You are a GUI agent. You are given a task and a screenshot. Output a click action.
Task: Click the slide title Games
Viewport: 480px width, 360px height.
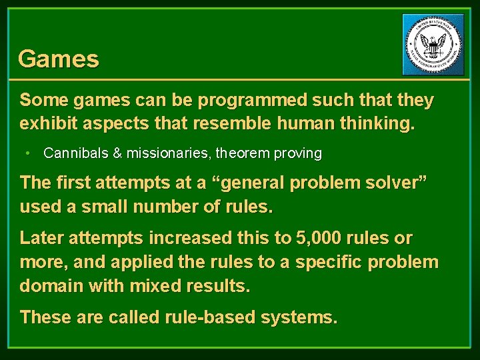point(59,59)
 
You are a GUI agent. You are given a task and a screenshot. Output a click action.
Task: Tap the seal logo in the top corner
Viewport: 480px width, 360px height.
point(433,45)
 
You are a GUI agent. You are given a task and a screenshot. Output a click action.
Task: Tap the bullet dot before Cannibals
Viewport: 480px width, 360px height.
point(27,153)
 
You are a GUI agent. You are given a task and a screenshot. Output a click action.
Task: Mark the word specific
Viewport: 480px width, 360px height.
point(331,262)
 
